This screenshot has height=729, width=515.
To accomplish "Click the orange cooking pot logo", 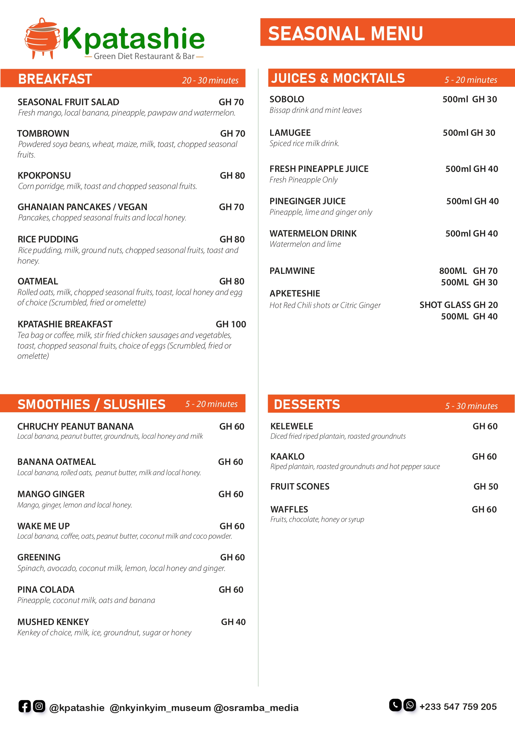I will click(x=42, y=39).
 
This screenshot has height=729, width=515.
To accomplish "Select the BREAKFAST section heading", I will click(x=55, y=79).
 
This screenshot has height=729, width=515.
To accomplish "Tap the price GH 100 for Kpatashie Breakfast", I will click(x=231, y=324).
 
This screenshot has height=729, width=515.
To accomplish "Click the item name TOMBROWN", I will click(x=43, y=133).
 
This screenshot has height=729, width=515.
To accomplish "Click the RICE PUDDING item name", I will click(x=48, y=239).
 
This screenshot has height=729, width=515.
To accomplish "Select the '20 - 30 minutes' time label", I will click(x=210, y=80).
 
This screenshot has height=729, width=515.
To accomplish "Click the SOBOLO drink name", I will click(x=287, y=99).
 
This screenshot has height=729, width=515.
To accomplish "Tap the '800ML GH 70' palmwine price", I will click(x=468, y=271).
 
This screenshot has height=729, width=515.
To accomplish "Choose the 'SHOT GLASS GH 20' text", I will click(x=459, y=305).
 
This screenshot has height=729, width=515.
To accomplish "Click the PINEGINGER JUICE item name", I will click(x=307, y=201).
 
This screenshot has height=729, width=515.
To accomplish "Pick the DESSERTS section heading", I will click(x=307, y=404).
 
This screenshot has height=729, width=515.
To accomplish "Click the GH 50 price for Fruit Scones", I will click(x=485, y=486).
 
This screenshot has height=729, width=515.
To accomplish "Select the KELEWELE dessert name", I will click(x=291, y=426).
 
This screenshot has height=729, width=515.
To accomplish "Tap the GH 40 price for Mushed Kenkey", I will click(x=233, y=622).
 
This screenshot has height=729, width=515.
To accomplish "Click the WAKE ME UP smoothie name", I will click(x=43, y=526).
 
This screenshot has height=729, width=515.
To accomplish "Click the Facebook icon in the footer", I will click(x=25, y=706).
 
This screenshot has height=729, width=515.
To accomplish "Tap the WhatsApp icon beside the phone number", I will click(x=409, y=705).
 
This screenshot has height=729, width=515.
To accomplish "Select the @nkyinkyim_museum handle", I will click(x=160, y=708).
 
